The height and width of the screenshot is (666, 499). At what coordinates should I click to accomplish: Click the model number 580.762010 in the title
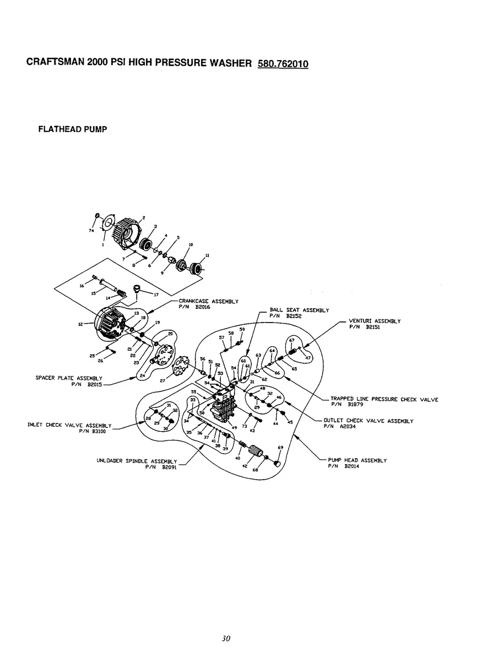(283, 63)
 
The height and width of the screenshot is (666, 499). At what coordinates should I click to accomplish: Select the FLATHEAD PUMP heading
(72, 130)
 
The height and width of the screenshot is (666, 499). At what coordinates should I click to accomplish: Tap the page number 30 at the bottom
(225, 638)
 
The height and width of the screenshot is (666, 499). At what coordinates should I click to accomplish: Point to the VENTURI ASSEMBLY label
(375, 321)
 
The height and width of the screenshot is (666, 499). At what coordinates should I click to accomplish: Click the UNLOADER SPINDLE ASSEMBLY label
(137, 461)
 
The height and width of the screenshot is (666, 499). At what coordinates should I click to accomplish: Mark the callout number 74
(91, 231)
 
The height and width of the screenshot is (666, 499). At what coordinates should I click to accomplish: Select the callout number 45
(290, 422)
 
